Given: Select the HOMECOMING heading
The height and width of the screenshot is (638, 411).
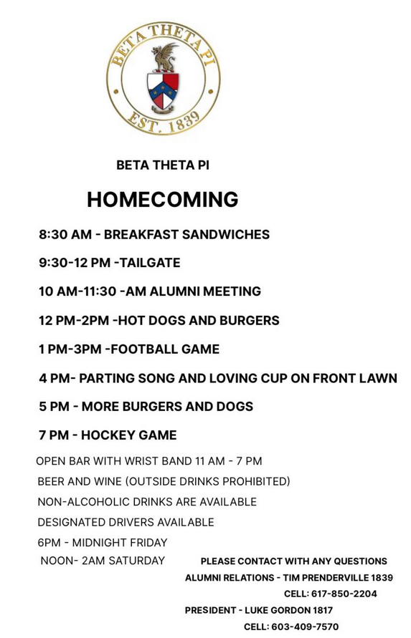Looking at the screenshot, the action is [x=162, y=199].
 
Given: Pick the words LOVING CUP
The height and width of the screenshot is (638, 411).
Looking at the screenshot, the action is [x=246, y=378].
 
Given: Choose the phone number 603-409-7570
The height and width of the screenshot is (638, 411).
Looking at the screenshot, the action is [x=306, y=627].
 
